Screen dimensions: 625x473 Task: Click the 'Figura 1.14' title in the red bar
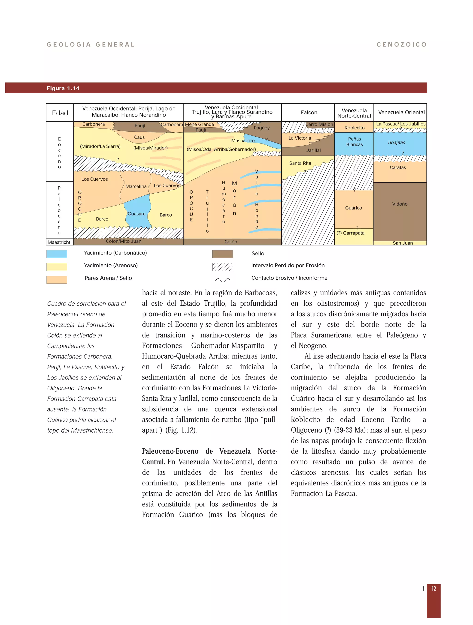pos(63,88)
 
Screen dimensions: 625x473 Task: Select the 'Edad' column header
pos(60,113)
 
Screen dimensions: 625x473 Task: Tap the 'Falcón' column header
pos(309,112)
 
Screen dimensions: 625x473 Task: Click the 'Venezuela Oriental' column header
pos(401,112)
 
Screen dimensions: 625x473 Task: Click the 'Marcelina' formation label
pos(136,186)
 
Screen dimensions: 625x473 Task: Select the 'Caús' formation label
pos(139,137)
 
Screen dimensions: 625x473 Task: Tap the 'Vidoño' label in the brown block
pos(400,204)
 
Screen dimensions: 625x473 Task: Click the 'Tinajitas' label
pos(396,142)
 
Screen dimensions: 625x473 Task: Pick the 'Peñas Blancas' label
pos(354,142)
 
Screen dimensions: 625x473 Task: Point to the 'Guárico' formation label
pos(353,208)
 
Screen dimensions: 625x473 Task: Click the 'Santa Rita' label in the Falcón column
pos(300,163)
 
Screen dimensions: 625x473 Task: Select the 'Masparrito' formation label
pos(243,141)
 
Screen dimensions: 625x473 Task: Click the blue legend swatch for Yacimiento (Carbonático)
pos(57,254)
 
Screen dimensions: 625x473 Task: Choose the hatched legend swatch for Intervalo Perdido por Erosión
pos(223,267)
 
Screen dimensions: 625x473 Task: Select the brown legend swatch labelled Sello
pos(223,254)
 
